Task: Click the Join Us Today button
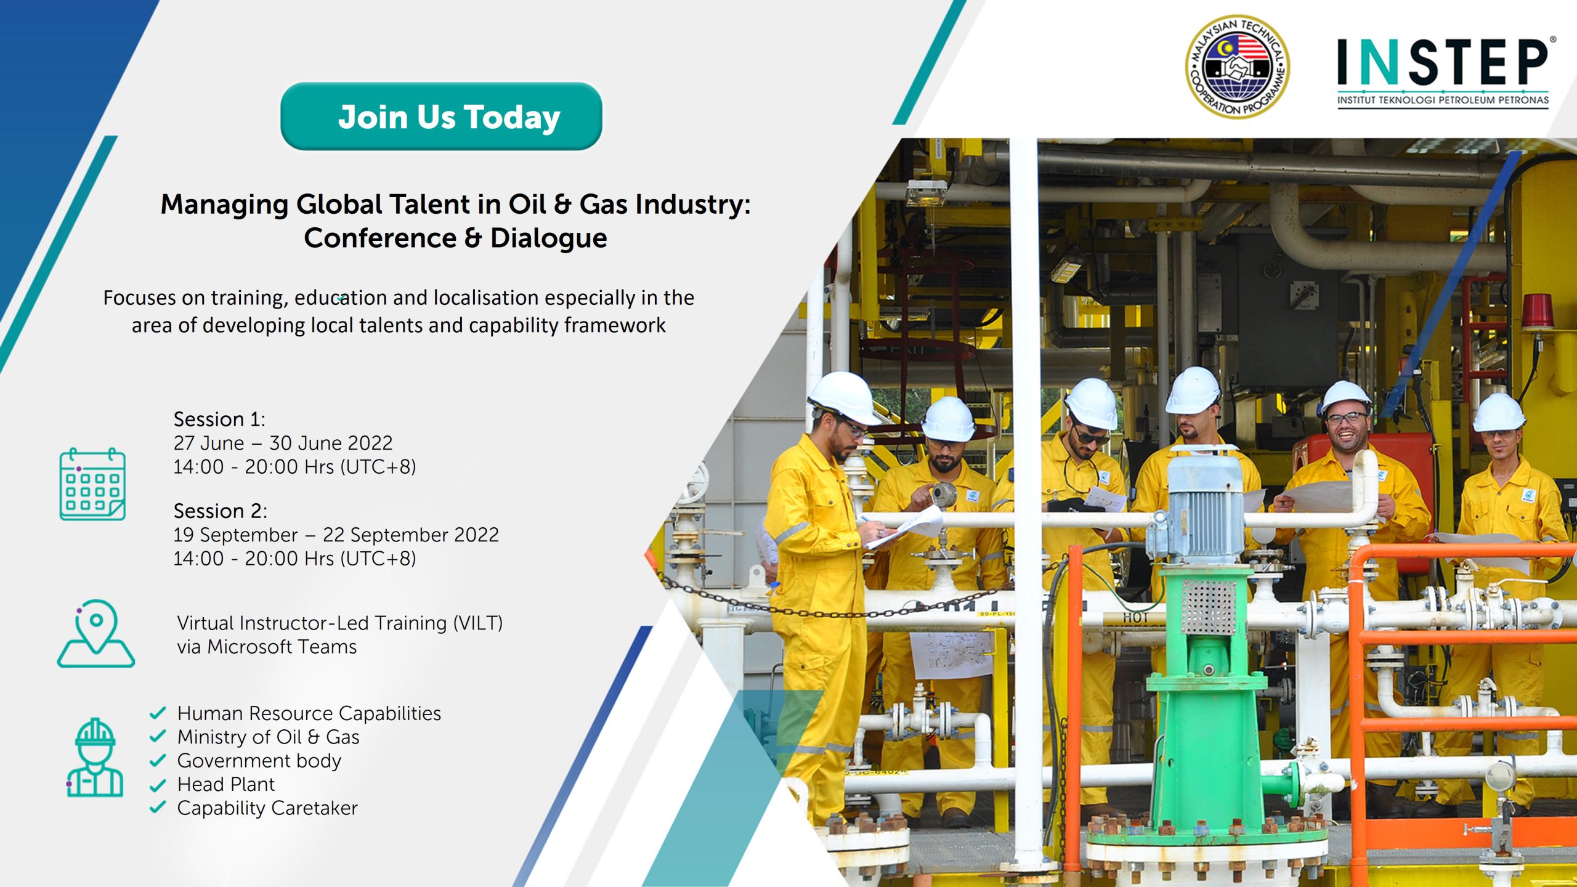441,116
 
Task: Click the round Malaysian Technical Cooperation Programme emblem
1238,66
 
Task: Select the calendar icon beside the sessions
92,484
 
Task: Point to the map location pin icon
96,633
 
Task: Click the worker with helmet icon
95,758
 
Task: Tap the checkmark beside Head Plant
158,785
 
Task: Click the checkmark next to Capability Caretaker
158,807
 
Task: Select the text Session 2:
221,511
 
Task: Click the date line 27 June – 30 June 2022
283,443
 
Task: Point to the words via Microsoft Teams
267,647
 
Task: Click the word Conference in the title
380,238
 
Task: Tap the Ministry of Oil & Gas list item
268,737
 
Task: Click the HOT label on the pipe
1135,618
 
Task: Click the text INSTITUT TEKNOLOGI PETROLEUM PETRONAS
1443,100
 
